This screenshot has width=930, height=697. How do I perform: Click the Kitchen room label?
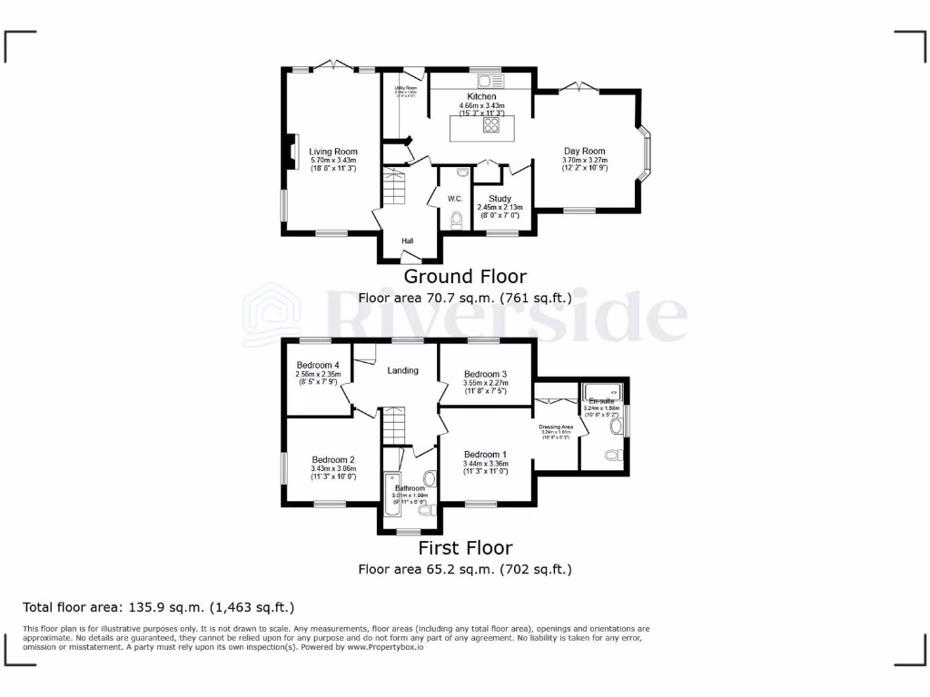(481, 96)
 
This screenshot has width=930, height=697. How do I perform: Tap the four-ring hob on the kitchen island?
(491, 126)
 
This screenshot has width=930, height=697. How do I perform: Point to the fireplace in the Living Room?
(292, 152)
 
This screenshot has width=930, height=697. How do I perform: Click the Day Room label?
(584, 152)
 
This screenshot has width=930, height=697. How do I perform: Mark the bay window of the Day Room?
(646, 152)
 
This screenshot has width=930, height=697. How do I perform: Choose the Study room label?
(500, 199)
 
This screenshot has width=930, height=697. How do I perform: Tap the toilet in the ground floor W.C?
(456, 219)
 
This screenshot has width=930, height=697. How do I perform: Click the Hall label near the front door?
(408, 241)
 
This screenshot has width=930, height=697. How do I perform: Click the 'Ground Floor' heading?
(464, 276)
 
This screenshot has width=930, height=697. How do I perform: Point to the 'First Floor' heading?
(464, 548)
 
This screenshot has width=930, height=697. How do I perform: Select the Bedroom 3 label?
(485, 374)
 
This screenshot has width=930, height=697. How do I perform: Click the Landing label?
(402, 370)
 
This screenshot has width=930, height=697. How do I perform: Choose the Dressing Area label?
(555, 427)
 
